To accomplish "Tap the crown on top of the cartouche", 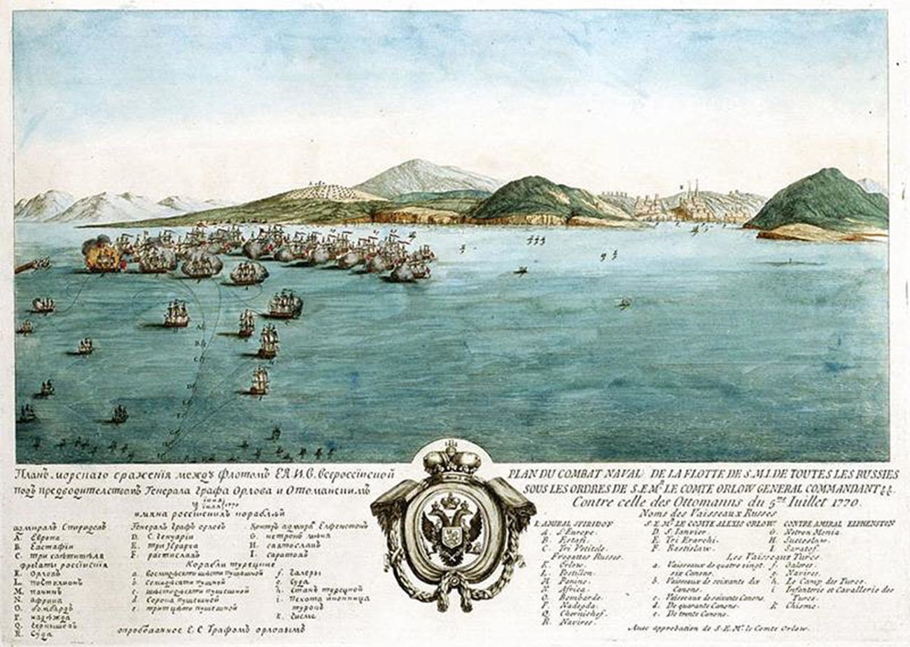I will click(x=454, y=459).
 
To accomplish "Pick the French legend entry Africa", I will click(x=570, y=589).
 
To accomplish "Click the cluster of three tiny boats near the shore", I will click(x=535, y=241).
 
